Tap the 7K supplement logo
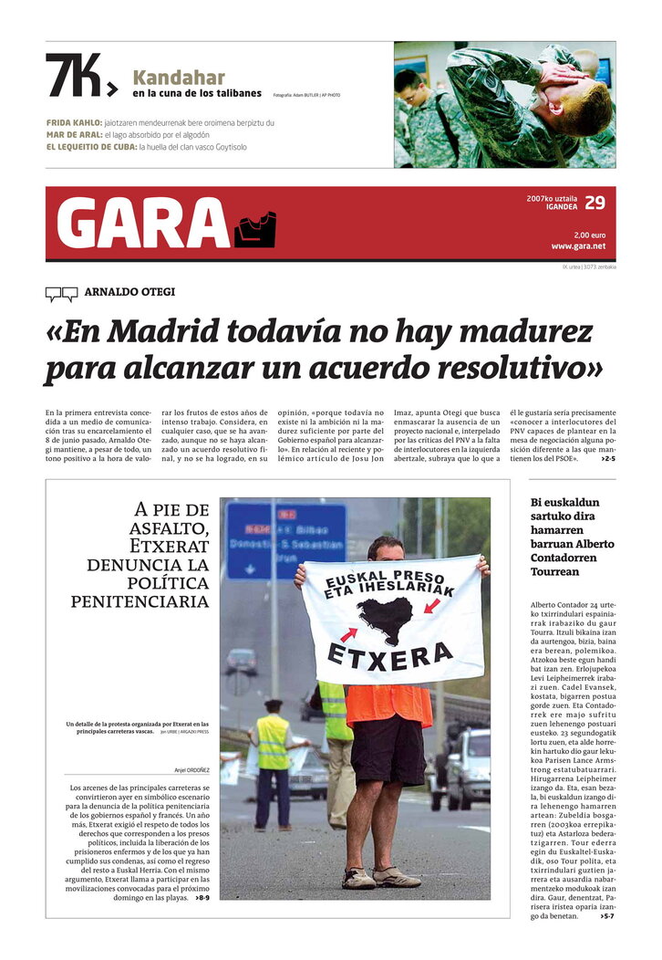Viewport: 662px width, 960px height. click(x=80, y=75)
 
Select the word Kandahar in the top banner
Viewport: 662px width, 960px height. click(x=179, y=78)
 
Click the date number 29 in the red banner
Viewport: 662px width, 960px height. click(x=595, y=202)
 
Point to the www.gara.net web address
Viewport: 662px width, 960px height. click(x=578, y=246)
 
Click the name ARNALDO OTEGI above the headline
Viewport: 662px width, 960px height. click(x=129, y=292)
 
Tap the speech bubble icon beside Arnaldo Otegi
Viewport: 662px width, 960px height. click(x=61, y=294)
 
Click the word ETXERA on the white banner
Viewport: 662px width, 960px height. click(x=389, y=653)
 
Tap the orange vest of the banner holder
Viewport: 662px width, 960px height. click(x=388, y=704)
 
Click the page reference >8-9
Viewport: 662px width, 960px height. click(x=201, y=898)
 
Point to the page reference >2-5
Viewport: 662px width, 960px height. click(x=607, y=458)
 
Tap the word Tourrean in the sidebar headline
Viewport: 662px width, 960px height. click(x=554, y=572)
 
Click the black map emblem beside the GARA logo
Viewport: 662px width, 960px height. click(x=254, y=229)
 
